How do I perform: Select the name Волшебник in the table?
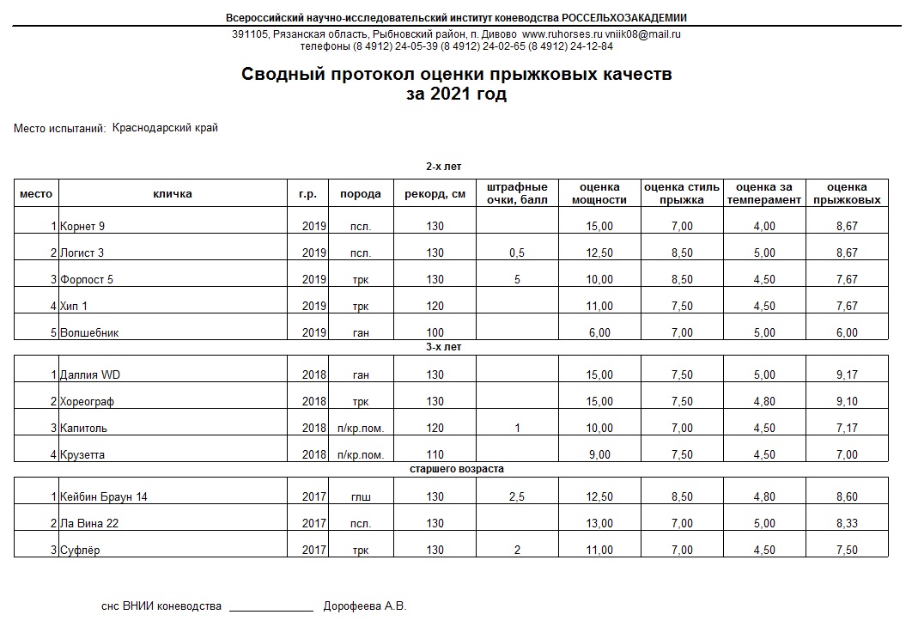[x=89, y=333]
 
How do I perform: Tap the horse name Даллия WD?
[x=91, y=375]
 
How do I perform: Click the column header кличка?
[x=173, y=194]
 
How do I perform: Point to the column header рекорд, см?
[x=435, y=194]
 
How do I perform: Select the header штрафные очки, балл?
[x=517, y=194]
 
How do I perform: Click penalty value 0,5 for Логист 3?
[x=517, y=253]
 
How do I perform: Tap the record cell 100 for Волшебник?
[x=435, y=333]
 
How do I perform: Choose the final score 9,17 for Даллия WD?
[x=847, y=375]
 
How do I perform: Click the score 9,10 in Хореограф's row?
[x=847, y=402]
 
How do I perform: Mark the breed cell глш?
[x=361, y=497]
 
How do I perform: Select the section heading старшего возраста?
[x=456, y=469]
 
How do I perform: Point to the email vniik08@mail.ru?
[x=636, y=34]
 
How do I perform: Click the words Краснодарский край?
[x=165, y=128]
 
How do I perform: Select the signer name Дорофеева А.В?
[x=364, y=606]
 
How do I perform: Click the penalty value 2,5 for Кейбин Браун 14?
[x=517, y=497]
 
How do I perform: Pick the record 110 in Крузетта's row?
[x=435, y=455]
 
